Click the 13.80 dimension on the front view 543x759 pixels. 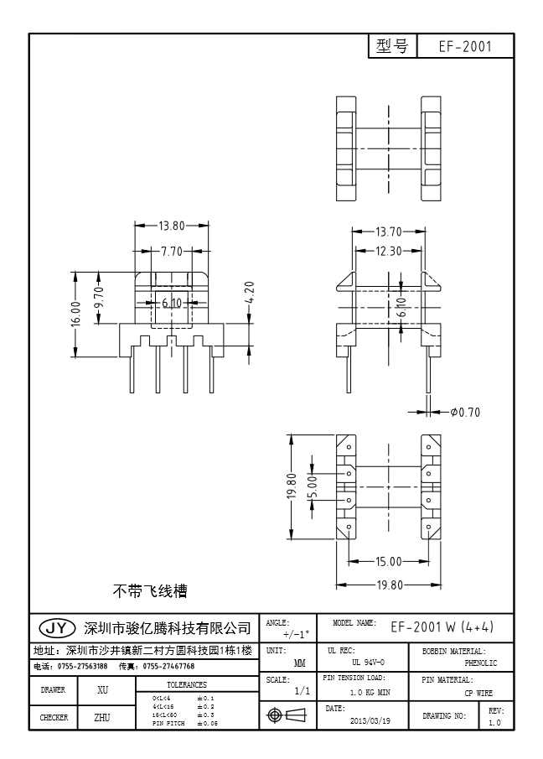171,226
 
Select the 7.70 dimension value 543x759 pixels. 171,251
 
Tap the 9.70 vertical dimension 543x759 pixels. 98,298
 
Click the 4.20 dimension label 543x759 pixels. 249,294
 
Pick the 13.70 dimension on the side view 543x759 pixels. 390,231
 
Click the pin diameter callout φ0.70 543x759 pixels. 465,412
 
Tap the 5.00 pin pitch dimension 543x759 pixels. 311,486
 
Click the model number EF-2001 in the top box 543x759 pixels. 465,47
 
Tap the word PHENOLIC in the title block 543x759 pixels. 480,663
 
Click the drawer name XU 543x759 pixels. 103,690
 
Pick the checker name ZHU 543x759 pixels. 103,717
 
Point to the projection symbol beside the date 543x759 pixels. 285,715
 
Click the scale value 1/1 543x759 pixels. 303,692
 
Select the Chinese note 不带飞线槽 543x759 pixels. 150,591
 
